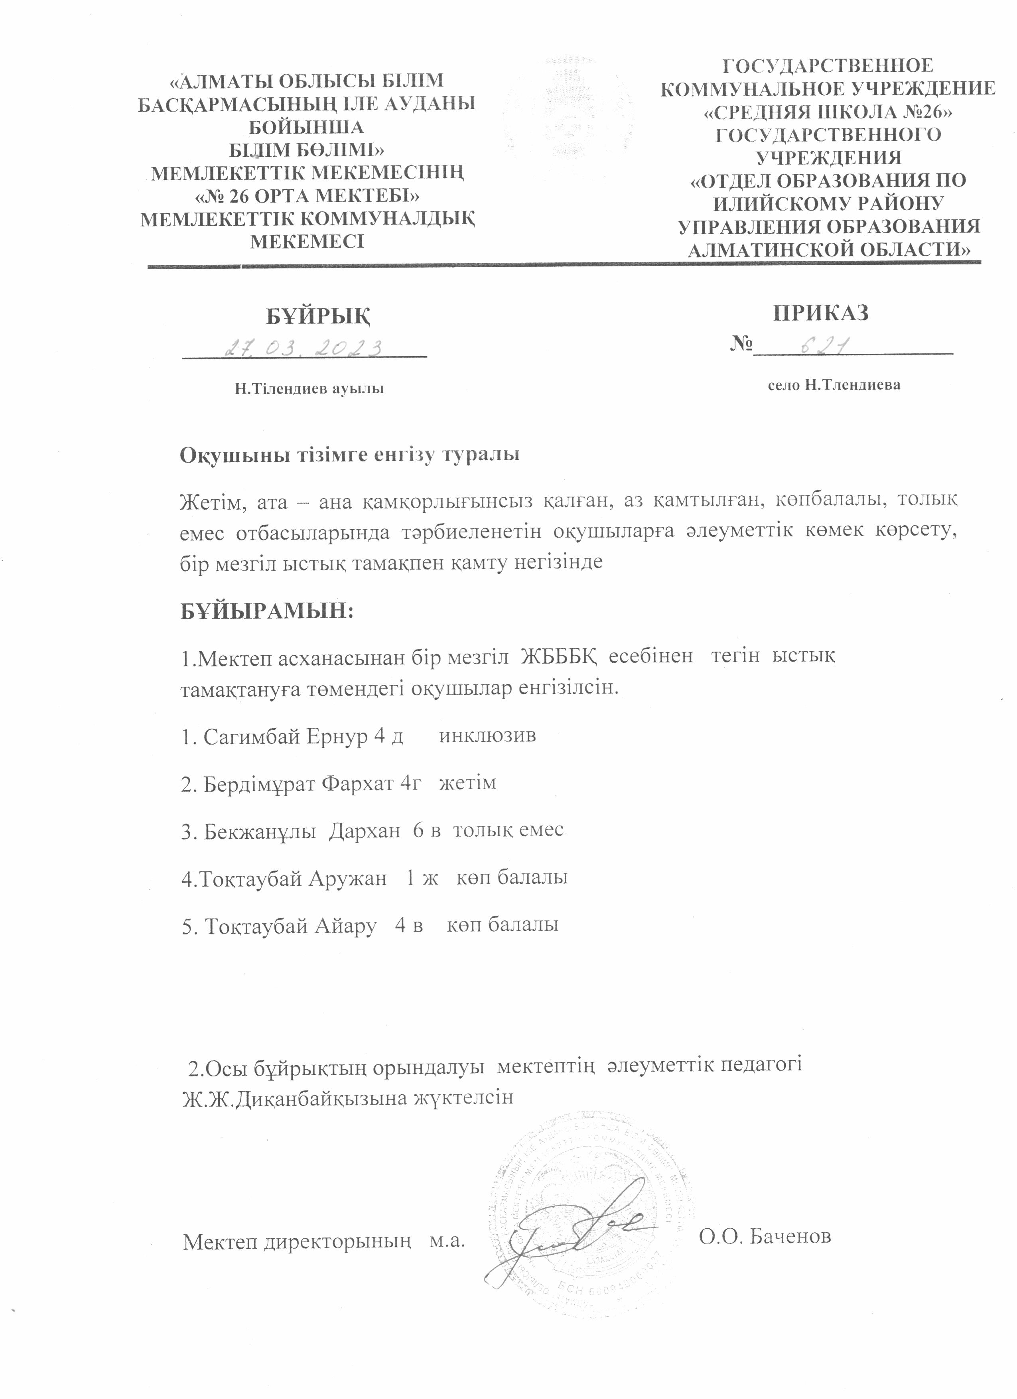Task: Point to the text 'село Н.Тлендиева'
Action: (834, 385)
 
